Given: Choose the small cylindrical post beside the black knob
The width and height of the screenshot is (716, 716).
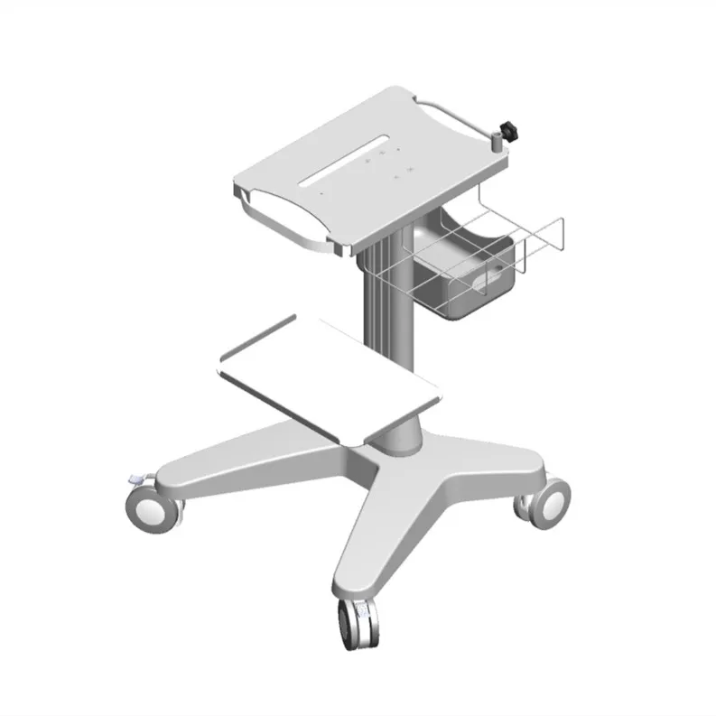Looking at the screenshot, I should (495, 141).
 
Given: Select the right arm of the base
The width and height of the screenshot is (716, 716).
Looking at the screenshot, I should (492, 460).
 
